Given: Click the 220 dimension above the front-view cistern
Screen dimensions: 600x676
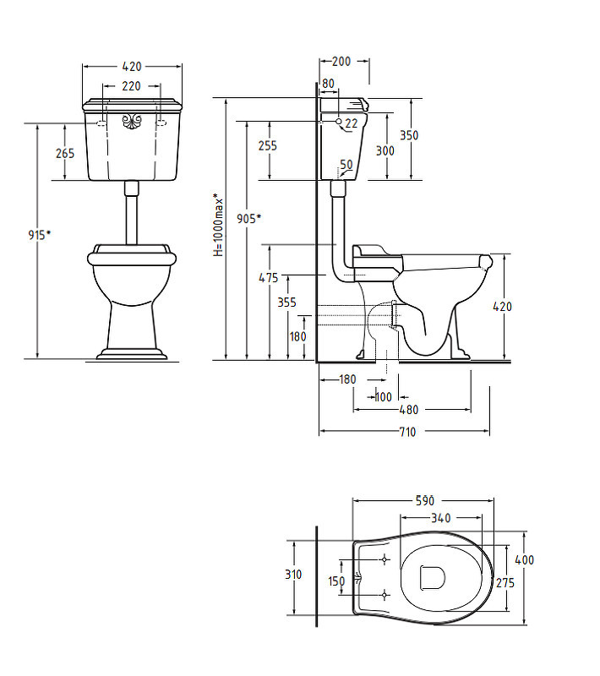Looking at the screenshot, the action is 132,86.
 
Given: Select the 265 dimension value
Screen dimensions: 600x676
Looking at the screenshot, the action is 65,153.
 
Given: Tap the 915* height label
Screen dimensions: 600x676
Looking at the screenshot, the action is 40,235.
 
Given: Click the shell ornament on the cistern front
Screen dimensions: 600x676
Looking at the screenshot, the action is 132,121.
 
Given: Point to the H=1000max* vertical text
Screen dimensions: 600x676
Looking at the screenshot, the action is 219,225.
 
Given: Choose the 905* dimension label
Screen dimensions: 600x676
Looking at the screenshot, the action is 248,219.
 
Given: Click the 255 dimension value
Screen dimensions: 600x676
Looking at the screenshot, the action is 268,145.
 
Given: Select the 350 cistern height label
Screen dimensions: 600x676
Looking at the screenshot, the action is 409,135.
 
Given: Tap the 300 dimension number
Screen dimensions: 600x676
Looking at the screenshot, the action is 385,150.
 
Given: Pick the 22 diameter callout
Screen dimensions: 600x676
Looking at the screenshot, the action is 352,123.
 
